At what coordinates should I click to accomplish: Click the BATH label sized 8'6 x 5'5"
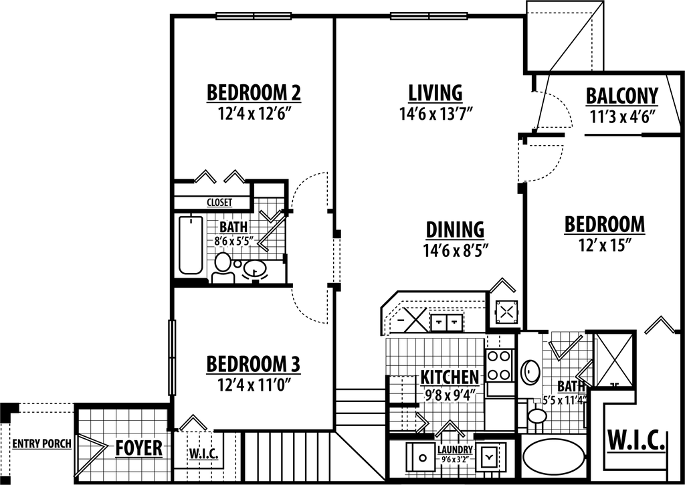click(x=233, y=227)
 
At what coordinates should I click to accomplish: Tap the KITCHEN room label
click(x=450, y=377)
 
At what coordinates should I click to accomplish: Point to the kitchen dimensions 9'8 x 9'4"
click(x=450, y=395)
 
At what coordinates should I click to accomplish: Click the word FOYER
click(x=138, y=448)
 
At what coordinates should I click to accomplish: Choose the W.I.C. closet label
click(x=204, y=455)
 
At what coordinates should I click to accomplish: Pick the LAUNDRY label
click(x=455, y=450)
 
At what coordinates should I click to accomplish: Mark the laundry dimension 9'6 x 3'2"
click(x=455, y=460)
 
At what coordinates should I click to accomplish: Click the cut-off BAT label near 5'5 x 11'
click(x=566, y=387)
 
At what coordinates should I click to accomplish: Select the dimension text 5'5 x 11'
click(x=561, y=401)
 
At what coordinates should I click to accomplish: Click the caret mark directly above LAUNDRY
click(x=450, y=428)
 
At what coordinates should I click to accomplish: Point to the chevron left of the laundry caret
click(x=422, y=423)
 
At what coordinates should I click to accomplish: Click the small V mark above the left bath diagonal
click(x=270, y=216)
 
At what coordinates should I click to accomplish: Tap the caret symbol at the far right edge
click(x=660, y=325)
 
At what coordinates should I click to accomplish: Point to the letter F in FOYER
click(x=119, y=448)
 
